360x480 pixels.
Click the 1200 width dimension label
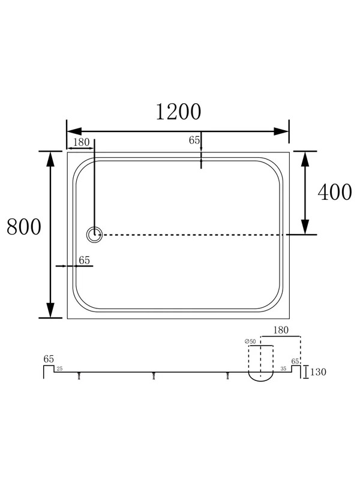click(x=178, y=112)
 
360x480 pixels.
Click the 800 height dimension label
click(x=24, y=227)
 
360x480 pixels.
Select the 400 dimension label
click(x=335, y=192)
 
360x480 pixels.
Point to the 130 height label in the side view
click(x=319, y=372)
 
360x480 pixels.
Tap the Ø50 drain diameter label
click(x=250, y=341)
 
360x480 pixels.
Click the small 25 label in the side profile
click(x=59, y=369)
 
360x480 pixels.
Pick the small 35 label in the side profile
click(x=283, y=369)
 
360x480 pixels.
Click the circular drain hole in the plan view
click(x=94, y=235)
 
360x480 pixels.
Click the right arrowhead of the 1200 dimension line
click(x=281, y=131)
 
